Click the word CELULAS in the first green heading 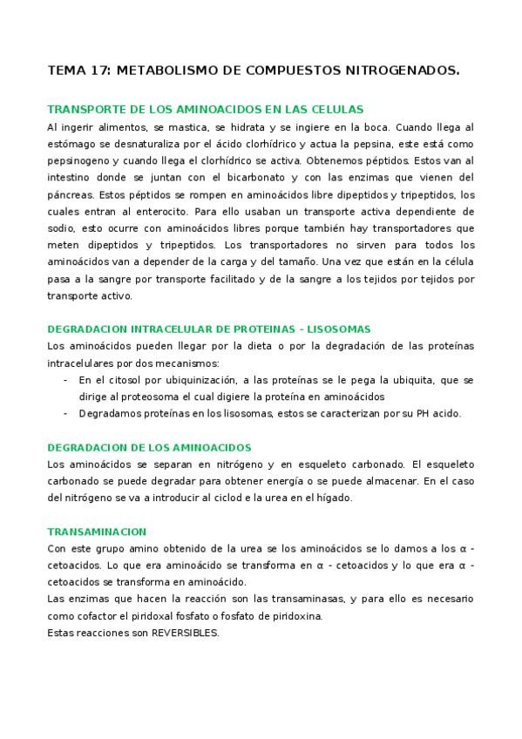pyautogui.click(x=336, y=110)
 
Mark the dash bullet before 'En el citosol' pyautogui.click(x=67, y=380)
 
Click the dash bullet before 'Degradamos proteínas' pyautogui.click(x=67, y=413)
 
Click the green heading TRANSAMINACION pyautogui.click(x=97, y=532)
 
